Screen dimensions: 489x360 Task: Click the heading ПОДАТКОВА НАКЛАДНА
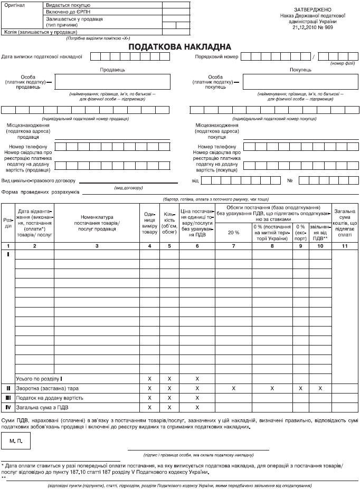[180, 47]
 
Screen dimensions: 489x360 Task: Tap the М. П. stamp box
[16, 439]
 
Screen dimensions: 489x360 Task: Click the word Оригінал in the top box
[14, 4]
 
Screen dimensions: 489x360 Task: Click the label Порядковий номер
[216, 56]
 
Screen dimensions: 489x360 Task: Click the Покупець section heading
[300, 69]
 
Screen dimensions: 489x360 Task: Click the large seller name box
[112, 82]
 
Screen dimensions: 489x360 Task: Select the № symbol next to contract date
[290, 181]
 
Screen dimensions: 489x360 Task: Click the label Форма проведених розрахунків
[40, 191]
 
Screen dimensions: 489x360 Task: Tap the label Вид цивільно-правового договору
[40, 180]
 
